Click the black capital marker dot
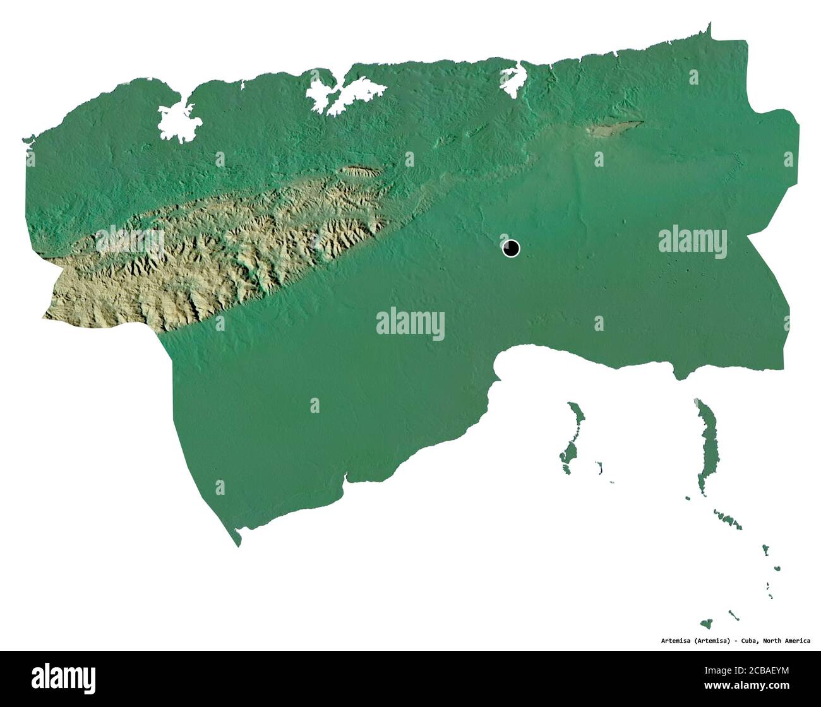[x=511, y=248]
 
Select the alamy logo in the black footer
[x=63, y=678]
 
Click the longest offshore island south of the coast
[x=706, y=445]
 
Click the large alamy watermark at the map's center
[x=410, y=323]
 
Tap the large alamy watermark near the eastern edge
[x=692, y=241]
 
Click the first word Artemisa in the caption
[x=674, y=641]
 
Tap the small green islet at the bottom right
[x=706, y=624]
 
